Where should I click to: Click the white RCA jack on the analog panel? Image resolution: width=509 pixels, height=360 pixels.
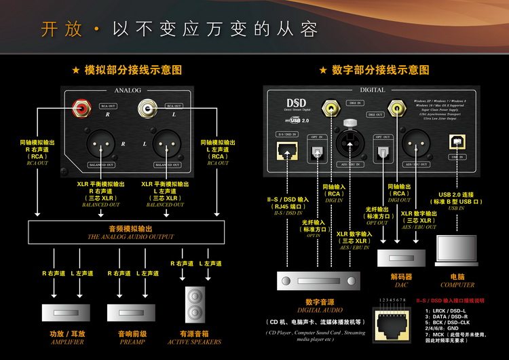[x=145, y=107]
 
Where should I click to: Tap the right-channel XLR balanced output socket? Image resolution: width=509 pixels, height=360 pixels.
[x=101, y=145]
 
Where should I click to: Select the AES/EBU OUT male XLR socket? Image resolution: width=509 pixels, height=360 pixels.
[x=417, y=144]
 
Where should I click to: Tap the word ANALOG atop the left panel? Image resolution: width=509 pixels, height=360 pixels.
[x=127, y=90]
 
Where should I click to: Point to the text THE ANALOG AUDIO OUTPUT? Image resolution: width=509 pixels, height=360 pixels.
[x=131, y=237]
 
